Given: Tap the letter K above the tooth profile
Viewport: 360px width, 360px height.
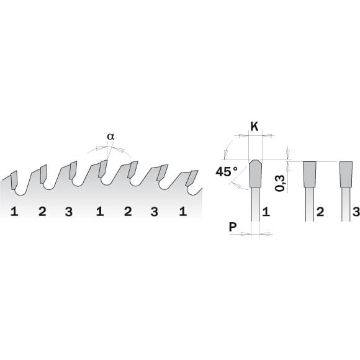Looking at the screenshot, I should coord(254,127).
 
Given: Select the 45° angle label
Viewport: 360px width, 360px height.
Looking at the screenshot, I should coord(227,171).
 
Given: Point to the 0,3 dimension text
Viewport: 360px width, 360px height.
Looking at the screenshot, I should coord(281,183).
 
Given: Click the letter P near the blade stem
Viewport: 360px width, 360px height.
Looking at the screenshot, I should coord(233,227).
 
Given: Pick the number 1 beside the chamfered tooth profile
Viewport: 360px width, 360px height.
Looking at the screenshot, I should coord(266,212).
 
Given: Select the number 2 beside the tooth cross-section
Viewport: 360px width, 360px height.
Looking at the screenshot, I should coord(321,212).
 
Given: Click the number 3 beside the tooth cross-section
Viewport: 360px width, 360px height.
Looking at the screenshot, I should coord(356,212).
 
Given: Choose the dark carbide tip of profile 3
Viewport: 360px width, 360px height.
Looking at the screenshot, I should coord(346,174).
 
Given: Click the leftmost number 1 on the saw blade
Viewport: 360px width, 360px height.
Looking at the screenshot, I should coord(14,212).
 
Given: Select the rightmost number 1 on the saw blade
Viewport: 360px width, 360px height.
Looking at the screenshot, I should coord(182,212).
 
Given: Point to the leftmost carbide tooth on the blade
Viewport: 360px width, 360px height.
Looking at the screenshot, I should coord(14,179).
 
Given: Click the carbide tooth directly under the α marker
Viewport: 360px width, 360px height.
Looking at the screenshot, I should coord(103,168).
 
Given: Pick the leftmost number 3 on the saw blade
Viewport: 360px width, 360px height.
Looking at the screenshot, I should coord(68,212).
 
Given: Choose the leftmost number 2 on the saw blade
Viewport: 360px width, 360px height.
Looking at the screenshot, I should coord(42,212).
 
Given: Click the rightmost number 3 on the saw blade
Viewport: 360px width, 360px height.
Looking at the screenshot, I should coord(155,212).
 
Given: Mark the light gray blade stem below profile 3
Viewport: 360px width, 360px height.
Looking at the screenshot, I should coord(346,205).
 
